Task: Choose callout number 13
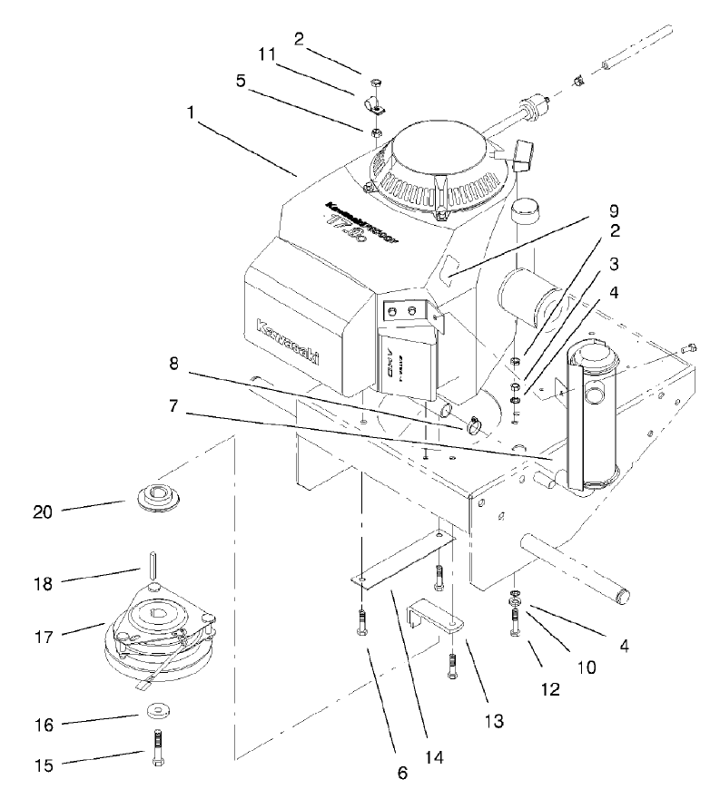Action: tap(495, 722)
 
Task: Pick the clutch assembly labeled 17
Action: tap(160, 634)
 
